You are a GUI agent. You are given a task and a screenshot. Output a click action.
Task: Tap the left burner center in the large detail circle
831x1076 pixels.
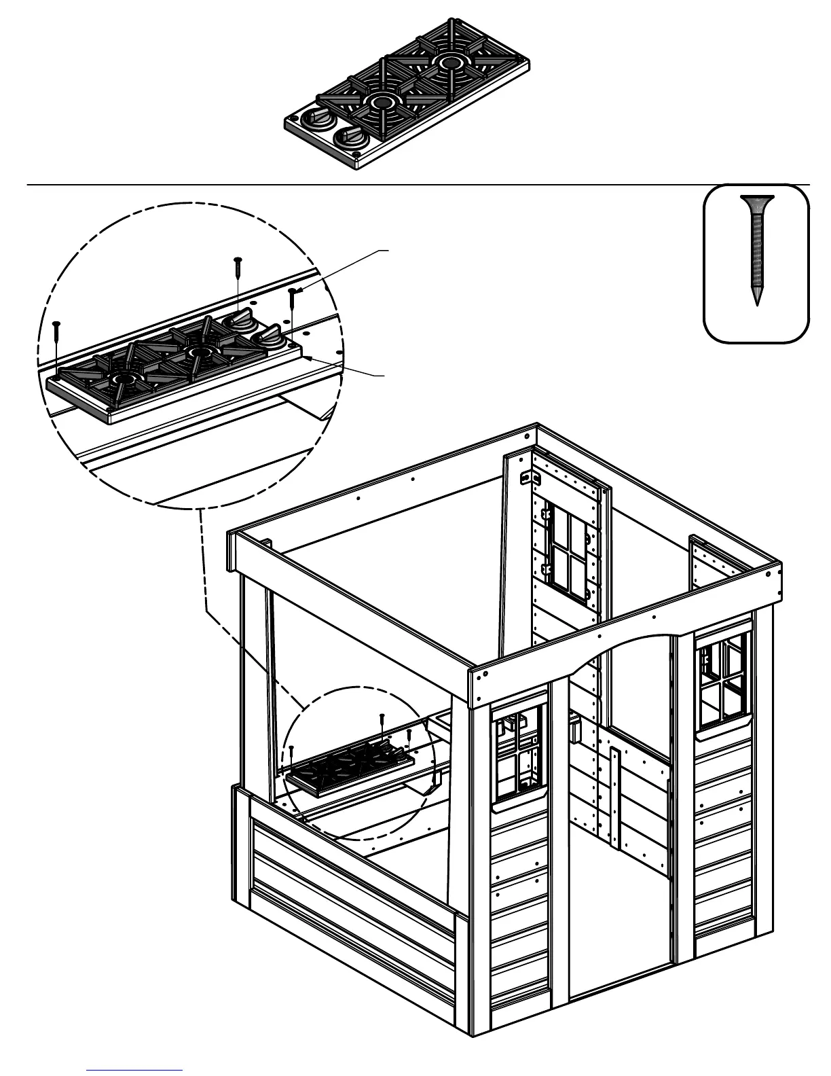(x=124, y=379)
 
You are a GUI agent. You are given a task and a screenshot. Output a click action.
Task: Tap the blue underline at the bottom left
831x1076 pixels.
(x=134, y=1071)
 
